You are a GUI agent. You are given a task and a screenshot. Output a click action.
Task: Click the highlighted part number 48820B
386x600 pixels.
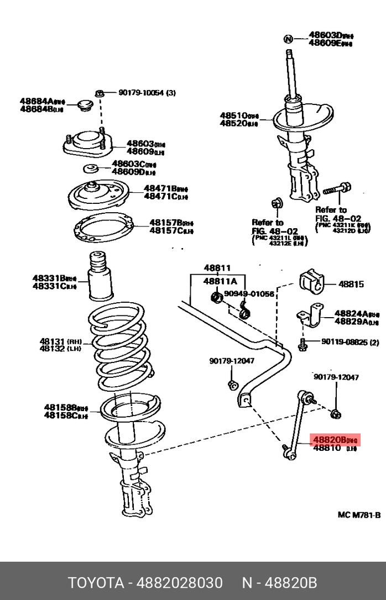click(x=330, y=440)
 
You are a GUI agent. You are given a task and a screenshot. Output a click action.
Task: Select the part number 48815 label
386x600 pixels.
click(x=351, y=285)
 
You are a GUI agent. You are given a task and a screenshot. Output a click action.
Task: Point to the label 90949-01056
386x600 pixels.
click(x=249, y=294)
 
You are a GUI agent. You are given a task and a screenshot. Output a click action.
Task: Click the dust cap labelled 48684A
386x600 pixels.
click(x=85, y=105)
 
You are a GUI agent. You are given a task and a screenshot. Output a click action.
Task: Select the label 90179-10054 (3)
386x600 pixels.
click(x=147, y=93)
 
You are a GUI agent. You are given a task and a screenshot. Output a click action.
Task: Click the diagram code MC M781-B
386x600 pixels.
click(x=359, y=515)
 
